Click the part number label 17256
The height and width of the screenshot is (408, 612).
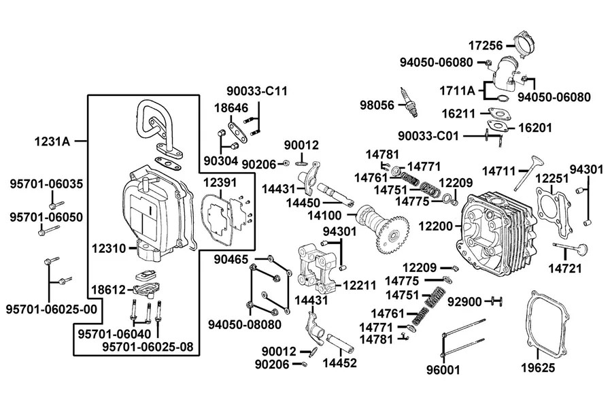(x=486, y=46)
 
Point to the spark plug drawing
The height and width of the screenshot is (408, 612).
(x=410, y=102)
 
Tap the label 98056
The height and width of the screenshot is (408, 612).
(x=377, y=105)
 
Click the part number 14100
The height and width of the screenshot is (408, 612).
(x=324, y=215)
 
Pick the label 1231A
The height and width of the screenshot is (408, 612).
(x=52, y=141)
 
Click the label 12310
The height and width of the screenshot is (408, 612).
(x=109, y=248)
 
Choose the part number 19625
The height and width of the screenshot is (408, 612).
(x=538, y=367)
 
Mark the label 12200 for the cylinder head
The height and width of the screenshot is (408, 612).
(x=436, y=226)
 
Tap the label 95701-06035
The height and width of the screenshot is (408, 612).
(x=46, y=184)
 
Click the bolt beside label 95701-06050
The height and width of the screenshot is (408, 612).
(x=49, y=231)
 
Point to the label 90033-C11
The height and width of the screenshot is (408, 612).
(x=257, y=91)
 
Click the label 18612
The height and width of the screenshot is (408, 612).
(x=109, y=290)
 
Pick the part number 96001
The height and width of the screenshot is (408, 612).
(x=443, y=369)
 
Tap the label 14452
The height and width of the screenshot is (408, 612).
(x=339, y=362)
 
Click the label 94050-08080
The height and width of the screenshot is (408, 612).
(x=244, y=324)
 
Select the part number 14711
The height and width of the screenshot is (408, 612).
(x=499, y=171)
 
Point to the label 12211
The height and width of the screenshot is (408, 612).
(x=360, y=286)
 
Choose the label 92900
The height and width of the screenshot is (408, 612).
(x=464, y=302)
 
